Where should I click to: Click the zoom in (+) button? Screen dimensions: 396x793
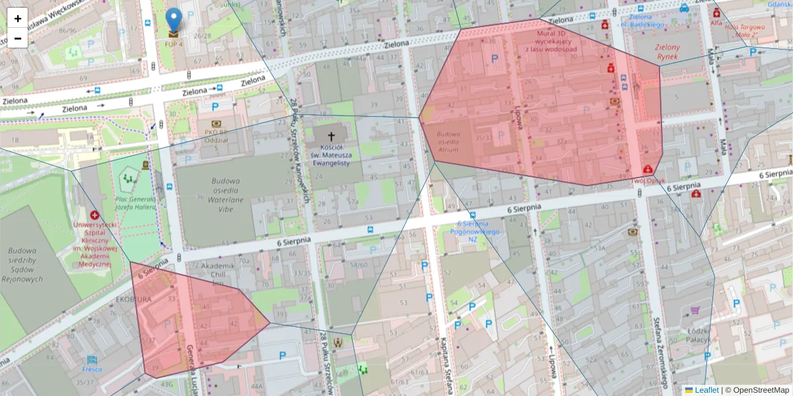click(17, 18)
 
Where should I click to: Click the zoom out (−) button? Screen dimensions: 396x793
click(17, 38)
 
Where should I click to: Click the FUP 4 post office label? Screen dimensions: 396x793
click(173, 44)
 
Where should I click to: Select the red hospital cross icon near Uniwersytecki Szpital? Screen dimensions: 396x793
click(94, 215)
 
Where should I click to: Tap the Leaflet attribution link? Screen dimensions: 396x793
click(706, 390)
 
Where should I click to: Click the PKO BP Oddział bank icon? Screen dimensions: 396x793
click(216, 123)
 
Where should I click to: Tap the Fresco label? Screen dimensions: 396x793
click(92, 370)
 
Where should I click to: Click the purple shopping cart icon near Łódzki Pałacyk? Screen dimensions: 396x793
click(695, 310)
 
